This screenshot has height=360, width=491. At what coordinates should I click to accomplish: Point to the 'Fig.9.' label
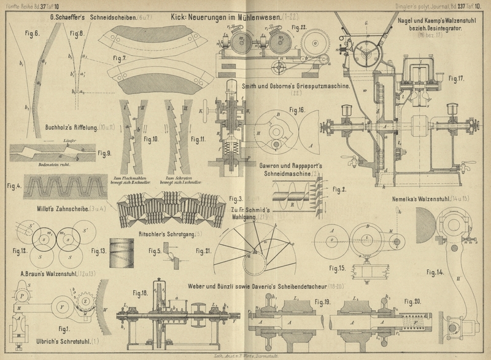tap(105, 153)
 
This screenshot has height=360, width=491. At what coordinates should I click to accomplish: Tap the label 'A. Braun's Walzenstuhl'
tap(45, 273)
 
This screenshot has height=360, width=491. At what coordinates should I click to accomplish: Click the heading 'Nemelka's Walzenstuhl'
tap(423, 199)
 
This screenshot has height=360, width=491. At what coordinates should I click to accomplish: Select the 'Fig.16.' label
tap(296, 110)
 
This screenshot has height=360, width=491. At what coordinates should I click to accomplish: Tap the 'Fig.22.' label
tap(300, 28)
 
